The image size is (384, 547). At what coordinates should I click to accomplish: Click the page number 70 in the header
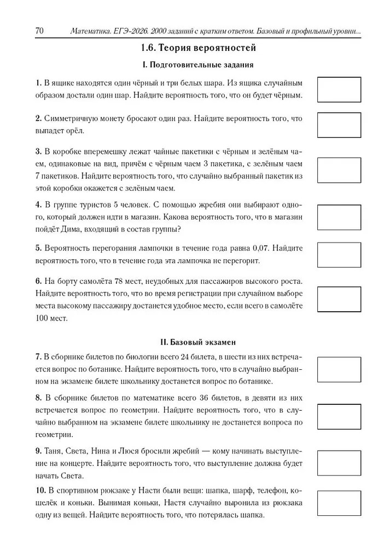(39, 31)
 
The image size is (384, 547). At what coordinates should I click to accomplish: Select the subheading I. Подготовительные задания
(197, 65)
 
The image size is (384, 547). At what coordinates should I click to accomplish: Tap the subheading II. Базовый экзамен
(197, 342)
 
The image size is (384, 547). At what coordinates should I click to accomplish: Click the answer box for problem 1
(339, 89)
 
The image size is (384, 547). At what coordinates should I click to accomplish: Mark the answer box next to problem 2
(339, 125)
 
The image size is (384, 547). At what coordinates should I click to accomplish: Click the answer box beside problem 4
(339, 217)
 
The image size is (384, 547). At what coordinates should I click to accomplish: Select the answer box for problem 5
(339, 254)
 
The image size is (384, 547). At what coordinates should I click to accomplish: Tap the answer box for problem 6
(339, 299)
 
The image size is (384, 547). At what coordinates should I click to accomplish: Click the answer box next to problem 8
(339, 416)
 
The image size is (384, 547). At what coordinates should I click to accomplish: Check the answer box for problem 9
(339, 463)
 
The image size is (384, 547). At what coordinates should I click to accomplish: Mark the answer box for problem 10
(339, 503)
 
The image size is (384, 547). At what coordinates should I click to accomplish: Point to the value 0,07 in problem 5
(265, 248)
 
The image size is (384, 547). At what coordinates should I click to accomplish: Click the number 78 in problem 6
(120, 281)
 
